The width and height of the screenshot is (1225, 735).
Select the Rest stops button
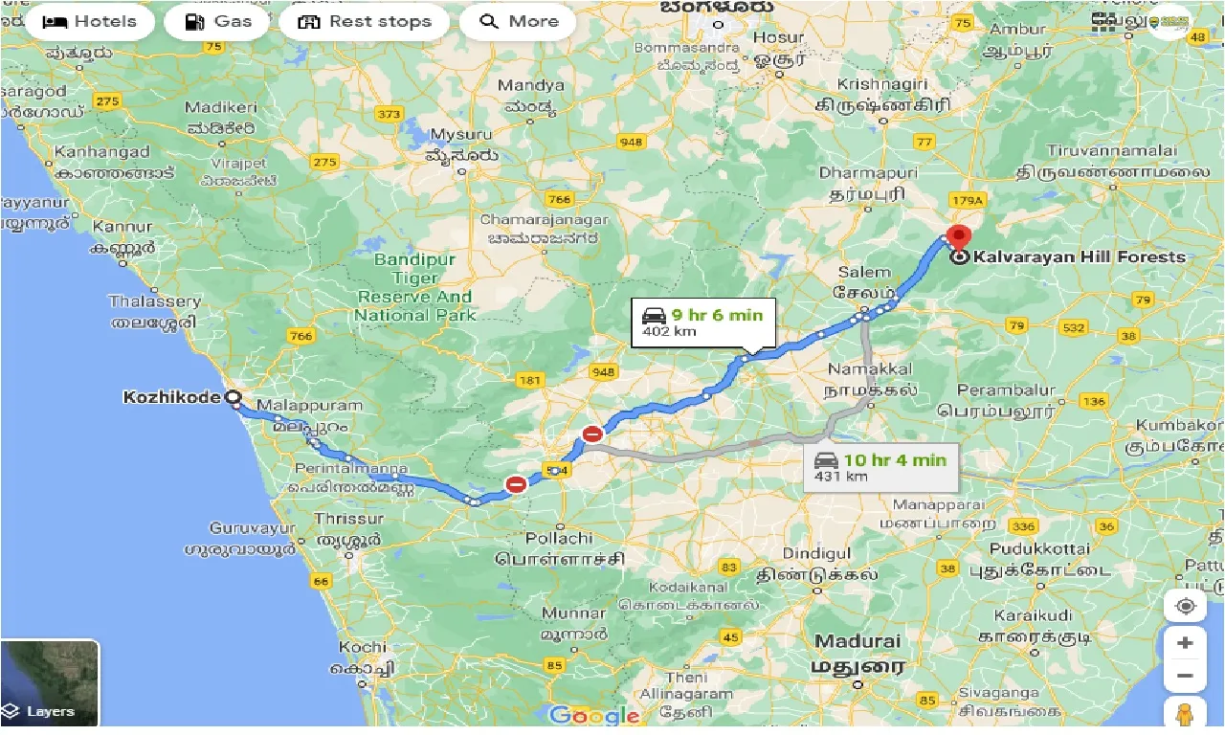365,22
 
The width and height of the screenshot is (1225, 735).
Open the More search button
518,22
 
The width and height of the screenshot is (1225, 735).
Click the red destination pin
958,236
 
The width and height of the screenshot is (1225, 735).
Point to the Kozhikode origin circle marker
232,397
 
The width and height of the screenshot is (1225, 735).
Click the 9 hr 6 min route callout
702,322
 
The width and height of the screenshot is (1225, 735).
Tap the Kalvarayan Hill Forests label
1079,256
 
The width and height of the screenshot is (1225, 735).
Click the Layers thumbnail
50,682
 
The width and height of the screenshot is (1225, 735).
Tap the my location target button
1185,607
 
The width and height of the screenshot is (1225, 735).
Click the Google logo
593,715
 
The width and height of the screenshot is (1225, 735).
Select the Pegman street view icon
1185,714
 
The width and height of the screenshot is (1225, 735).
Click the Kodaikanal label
689,587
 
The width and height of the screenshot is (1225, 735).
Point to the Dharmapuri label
868,173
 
